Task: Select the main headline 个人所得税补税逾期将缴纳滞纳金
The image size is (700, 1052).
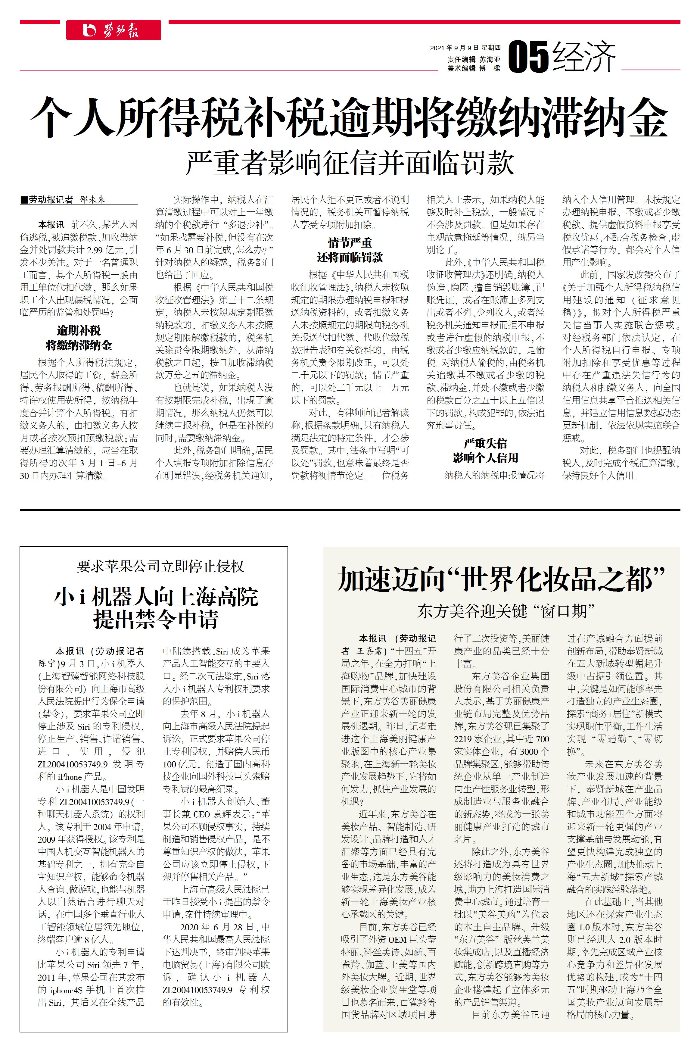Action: tap(349, 117)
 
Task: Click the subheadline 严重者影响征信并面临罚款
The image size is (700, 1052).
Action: tap(350, 163)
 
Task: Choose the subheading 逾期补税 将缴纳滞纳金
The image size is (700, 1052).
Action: tap(79, 338)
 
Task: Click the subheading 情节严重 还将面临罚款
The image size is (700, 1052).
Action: tap(350, 250)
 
